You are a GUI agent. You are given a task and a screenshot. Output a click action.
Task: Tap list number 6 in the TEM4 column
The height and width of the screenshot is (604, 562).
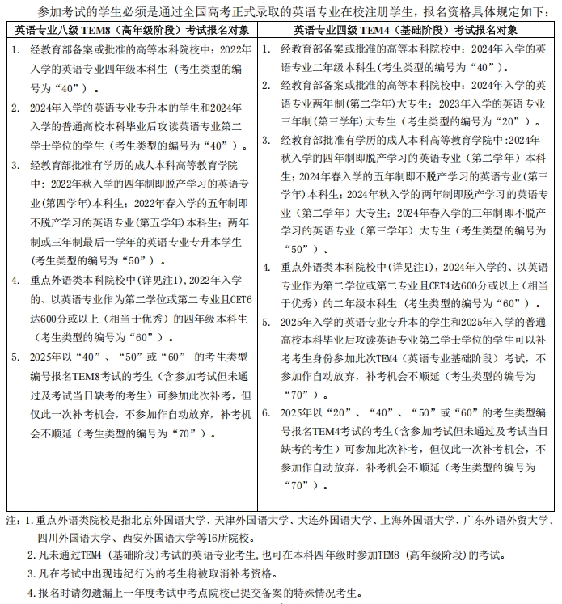tap(268, 412)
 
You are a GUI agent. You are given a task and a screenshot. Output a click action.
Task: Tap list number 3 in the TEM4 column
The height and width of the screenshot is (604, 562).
tap(268, 138)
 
